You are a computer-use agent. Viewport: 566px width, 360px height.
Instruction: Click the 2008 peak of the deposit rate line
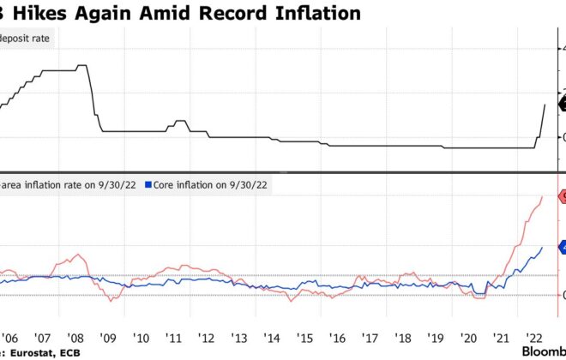(81, 65)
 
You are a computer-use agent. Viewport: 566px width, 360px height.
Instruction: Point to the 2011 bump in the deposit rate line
(179, 122)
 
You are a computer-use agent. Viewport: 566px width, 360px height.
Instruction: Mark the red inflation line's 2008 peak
(79, 255)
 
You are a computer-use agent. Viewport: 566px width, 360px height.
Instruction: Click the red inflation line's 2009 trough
(111, 300)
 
